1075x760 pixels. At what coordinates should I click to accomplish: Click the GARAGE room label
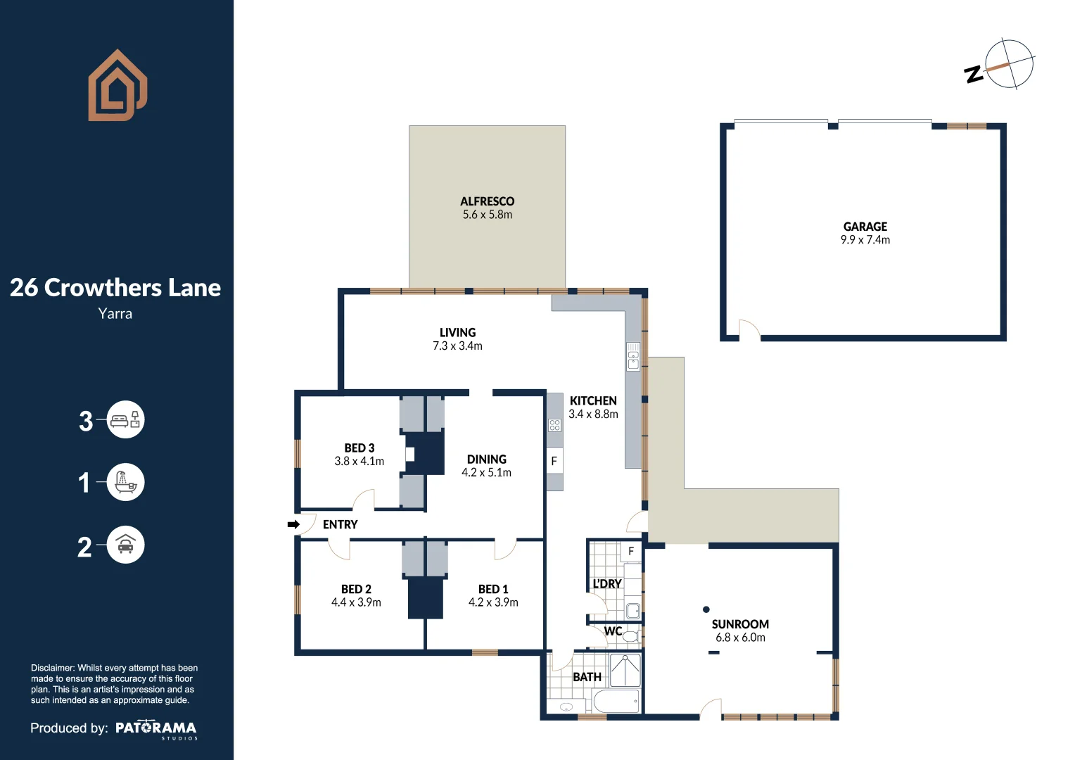pyautogui.click(x=865, y=226)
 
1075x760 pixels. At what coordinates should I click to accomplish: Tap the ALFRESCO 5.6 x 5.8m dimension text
pyautogui.click(x=487, y=215)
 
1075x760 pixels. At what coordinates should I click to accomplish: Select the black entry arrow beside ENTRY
pyautogui.click(x=293, y=524)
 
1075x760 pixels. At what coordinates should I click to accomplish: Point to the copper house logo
pyautogui.click(x=117, y=85)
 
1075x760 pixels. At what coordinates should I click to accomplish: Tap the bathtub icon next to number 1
pyautogui.click(x=126, y=482)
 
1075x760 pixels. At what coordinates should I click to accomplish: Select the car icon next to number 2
pyautogui.click(x=126, y=545)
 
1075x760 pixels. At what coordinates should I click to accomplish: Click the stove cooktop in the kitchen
pyautogui.click(x=555, y=425)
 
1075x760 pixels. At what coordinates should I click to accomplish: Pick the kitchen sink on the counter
pyautogui.click(x=633, y=356)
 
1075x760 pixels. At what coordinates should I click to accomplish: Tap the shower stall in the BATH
pyautogui.click(x=625, y=670)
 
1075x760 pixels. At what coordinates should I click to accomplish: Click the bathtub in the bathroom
pyautogui.click(x=616, y=701)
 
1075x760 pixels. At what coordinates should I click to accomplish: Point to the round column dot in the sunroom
pyautogui.click(x=706, y=609)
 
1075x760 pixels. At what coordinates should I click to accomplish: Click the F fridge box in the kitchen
pyautogui.click(x=554, y=461)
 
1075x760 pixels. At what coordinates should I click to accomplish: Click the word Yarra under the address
pyautogui.click(x=115, y=314)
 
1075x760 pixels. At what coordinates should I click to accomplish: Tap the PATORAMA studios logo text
pyautogui.click(x=156, y=729)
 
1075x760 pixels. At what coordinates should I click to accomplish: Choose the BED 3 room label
pyautogui.click(x=360, y=448)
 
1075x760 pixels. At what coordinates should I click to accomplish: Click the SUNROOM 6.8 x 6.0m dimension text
pyautogui.click(x=741, y=637)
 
